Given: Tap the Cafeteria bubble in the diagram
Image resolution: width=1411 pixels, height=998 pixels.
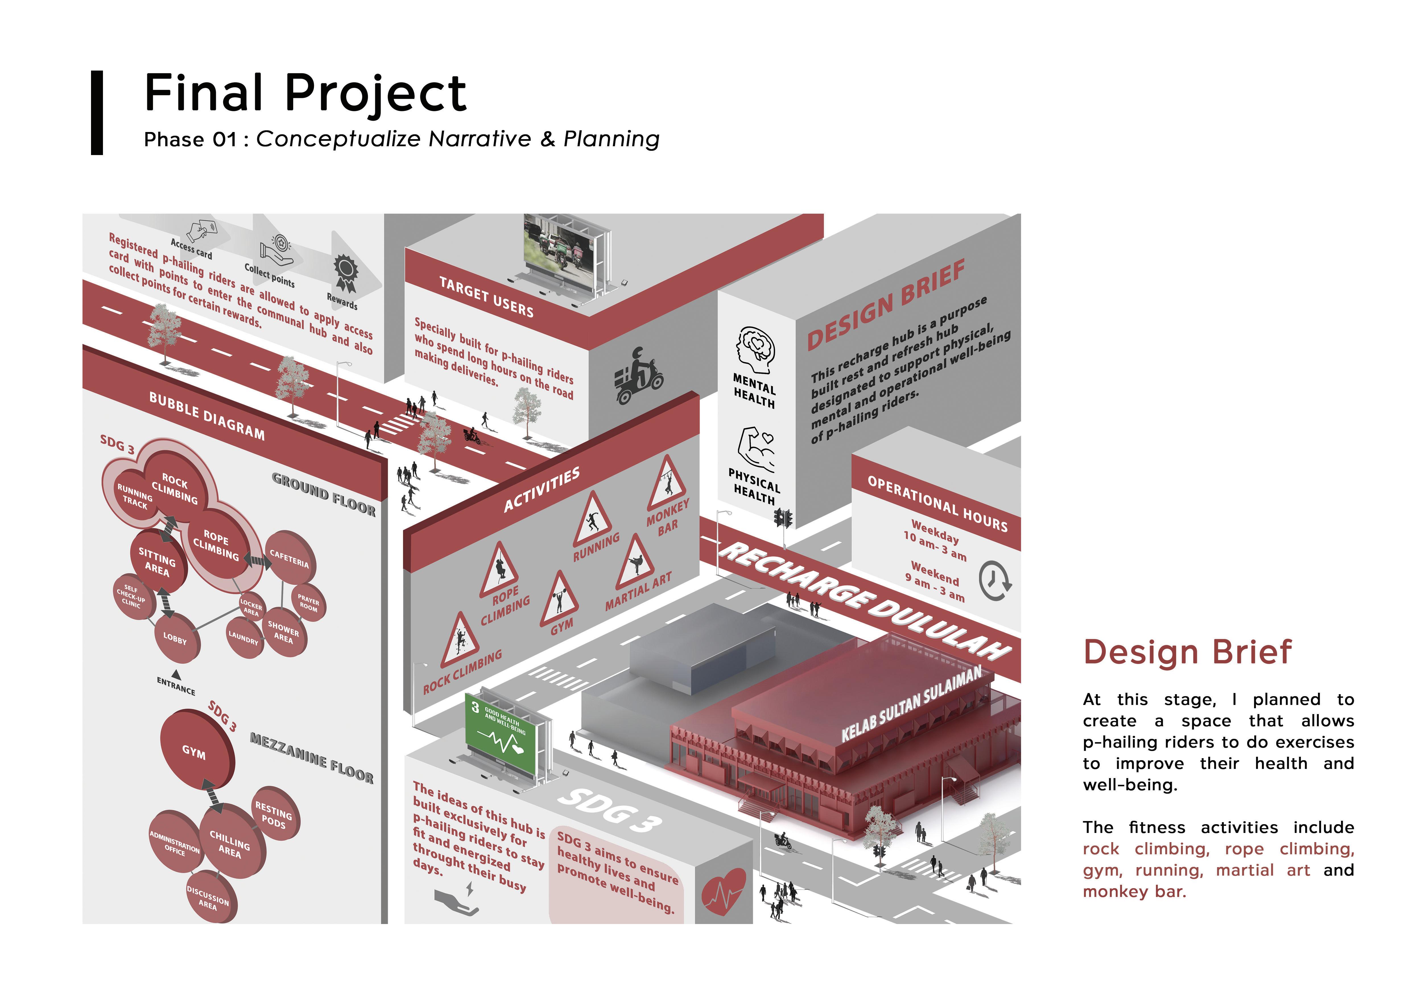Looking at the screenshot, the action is point(290,558).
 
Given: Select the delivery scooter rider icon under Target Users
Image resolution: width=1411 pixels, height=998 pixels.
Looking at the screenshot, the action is point(639,376).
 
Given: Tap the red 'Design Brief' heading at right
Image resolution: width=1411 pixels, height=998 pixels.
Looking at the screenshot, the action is point(1187,653).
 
